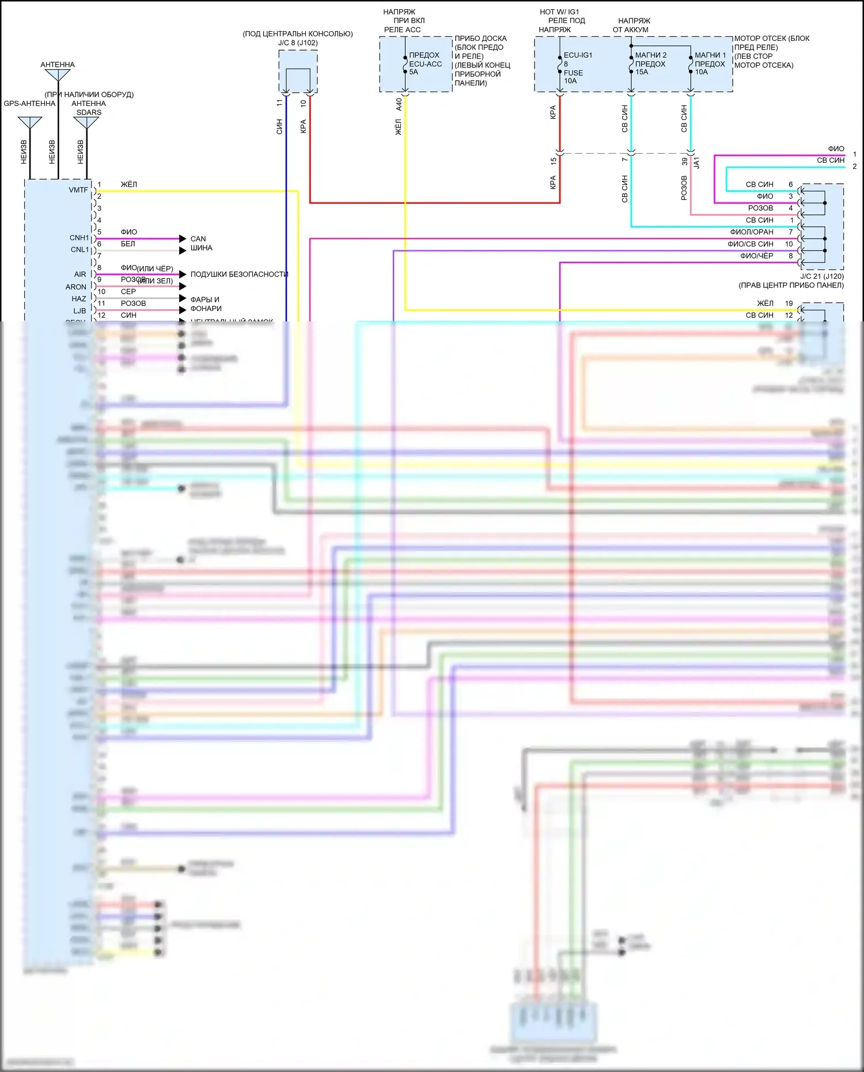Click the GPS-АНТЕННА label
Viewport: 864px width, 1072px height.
pyautogui.click(x=29, y=104)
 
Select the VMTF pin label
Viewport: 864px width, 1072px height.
pyautogui.click(x=78, y=190)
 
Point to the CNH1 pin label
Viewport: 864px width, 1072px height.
pyautogui.click(x=79, y=238)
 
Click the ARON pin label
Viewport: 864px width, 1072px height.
pyautogui.click(x=76, y=287)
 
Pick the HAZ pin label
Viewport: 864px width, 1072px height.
pyautogui.click(x=79, y=299)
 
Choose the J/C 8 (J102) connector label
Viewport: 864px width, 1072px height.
pyautogui.click(x=298, y=43)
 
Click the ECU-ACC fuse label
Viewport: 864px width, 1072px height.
pyautogui.click(x=425, y=64)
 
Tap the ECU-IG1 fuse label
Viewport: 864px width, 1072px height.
pyautogui.click(x=578, y=55)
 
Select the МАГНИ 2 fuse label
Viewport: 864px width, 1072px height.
pyautogui.click(x=651, y=55)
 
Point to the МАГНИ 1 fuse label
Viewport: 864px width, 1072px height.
pyautogui.click(x=710, y=55)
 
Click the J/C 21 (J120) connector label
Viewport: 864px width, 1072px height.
pyautogui.click(x=821, y=276)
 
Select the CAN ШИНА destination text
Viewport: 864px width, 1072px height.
pyautogui.click(x=201, y=243)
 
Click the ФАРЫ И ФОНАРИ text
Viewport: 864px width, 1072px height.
pyautogui.click(x=206, y=304)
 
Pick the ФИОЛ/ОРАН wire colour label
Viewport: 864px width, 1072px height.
pyautogui.click(x=752, y=232)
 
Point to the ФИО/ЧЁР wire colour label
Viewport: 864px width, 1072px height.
pyautogui.click(x=756, y=256)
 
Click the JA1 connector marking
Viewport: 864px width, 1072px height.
pyautogui.click(x=696, y=163)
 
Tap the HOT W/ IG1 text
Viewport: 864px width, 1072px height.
pyautogui.click(x=559, y=12)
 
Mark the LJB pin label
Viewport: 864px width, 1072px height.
pyautogui.click(x=79, y=311)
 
